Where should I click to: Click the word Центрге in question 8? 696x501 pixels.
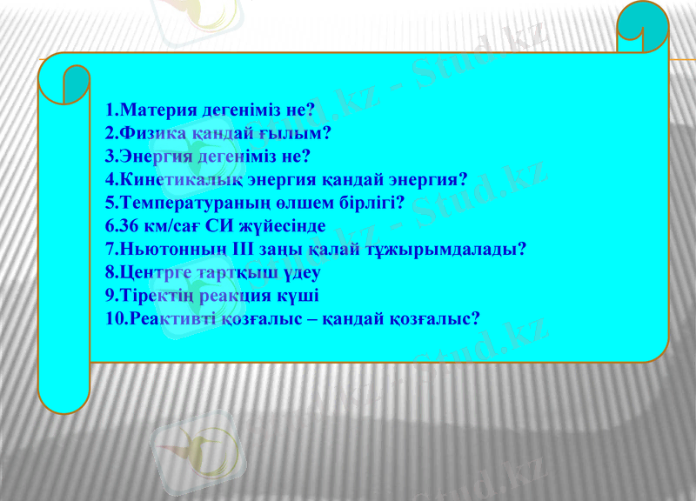(x=151, y=271)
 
